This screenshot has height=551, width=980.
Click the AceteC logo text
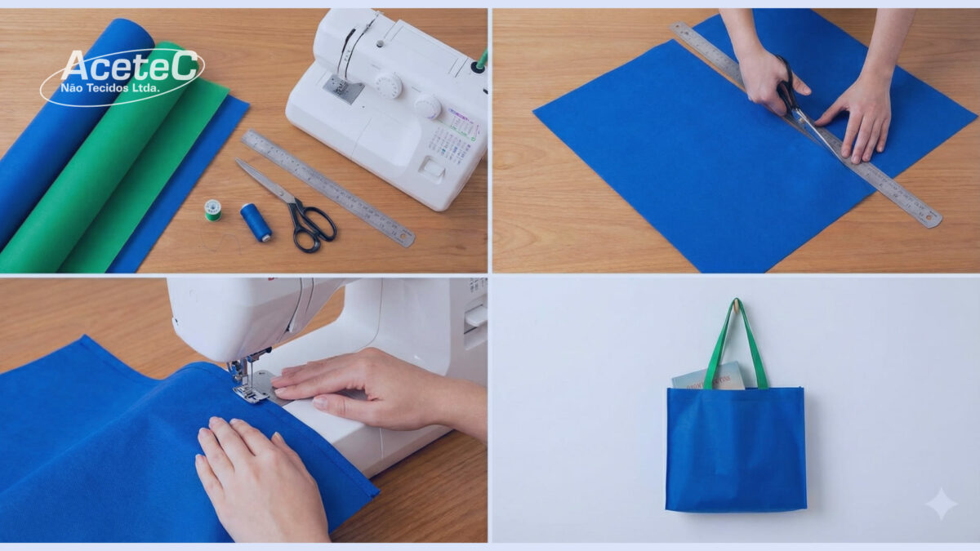click(x=129, y=65)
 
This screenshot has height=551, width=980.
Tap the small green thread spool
click(x=212, y=210)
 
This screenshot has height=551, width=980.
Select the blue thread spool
click(x=256, y=222)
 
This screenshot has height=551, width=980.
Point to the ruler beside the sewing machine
click(x=327, y=187)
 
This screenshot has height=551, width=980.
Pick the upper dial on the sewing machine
click(x=388, y=85)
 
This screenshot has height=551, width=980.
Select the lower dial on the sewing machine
click(x=427, y=105)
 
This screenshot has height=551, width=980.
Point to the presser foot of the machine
click(x=249, y=393)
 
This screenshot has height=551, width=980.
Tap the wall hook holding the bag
click(x=736, y=304)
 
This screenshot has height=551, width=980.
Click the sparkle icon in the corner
click(x=940, y=504)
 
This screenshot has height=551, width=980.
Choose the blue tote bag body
click(x=736, y=449)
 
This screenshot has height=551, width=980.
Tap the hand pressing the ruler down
click(x=857, y=114)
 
